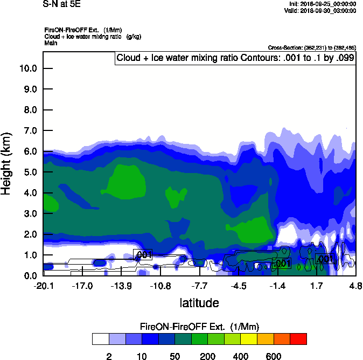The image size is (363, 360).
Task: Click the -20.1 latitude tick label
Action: click(43, 286)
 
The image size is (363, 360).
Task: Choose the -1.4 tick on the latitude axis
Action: click(278, 286)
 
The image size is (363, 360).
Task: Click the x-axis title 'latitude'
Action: click(199, 303)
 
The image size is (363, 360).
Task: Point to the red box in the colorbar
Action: click(299, 339)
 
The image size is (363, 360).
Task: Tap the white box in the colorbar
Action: click(100, 339)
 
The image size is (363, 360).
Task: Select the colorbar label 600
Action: click(274, 356)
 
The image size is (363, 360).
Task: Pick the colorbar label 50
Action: click(174, 356)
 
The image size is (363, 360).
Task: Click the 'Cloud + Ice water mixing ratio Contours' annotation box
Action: click(235, 58)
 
